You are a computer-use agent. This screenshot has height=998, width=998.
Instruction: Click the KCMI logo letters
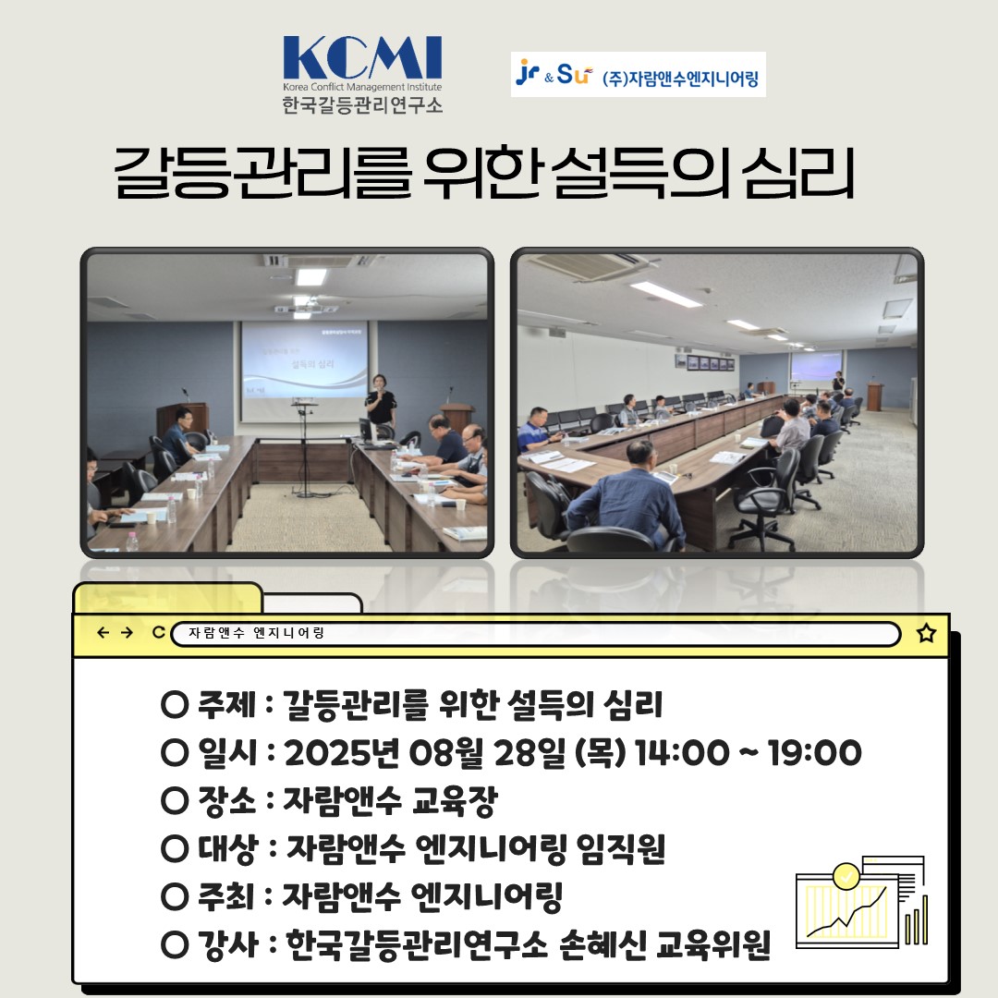363,57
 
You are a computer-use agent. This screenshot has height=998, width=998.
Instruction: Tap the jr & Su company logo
554,75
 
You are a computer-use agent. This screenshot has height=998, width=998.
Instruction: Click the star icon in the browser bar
926,633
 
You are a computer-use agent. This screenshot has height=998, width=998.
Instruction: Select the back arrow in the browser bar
103,633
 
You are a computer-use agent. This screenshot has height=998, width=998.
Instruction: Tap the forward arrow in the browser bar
127,633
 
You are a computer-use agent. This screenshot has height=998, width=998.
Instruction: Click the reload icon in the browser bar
159,633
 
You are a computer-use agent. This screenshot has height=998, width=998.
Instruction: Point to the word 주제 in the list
226,704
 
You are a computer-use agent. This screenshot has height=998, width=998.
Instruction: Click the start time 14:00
682,752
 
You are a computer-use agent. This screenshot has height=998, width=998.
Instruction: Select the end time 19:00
815,752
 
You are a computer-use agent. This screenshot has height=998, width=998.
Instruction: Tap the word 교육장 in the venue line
455,800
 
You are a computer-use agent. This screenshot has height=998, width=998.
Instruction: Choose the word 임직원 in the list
621,848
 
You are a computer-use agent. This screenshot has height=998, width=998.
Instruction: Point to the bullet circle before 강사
175,945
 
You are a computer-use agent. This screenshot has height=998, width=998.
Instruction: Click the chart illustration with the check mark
861,903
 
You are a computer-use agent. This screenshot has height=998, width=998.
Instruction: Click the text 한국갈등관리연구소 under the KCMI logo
362,104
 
